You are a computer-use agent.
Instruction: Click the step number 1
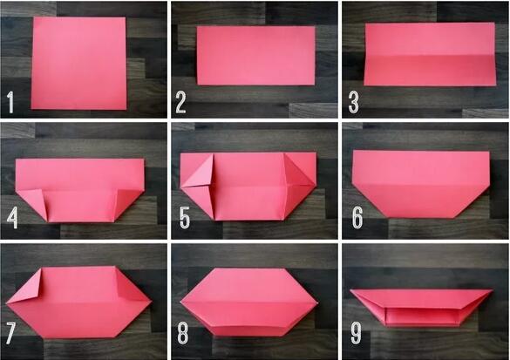click(10, 102)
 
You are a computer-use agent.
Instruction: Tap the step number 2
click(180, 102)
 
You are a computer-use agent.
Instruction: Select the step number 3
click(354, 102)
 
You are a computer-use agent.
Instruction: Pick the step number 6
click(357, 217)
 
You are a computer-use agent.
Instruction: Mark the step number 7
click(10, 333)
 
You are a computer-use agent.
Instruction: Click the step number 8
click(183, 333)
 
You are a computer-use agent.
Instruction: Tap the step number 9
click(356, 333)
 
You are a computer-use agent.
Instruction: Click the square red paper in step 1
click(78, 64)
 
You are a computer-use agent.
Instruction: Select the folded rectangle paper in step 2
click(256, 56)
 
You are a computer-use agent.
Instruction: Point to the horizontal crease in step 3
click(430, 56)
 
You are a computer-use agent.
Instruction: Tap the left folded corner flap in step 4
click(32, 202)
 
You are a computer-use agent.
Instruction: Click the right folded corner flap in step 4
click(129, 201)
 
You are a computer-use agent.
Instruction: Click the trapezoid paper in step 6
click(421, 184)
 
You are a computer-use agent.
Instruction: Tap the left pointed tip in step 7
click(6, 303)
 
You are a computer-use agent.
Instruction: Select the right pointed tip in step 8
click(316, 303)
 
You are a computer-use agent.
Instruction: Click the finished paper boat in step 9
click(421, 306)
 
